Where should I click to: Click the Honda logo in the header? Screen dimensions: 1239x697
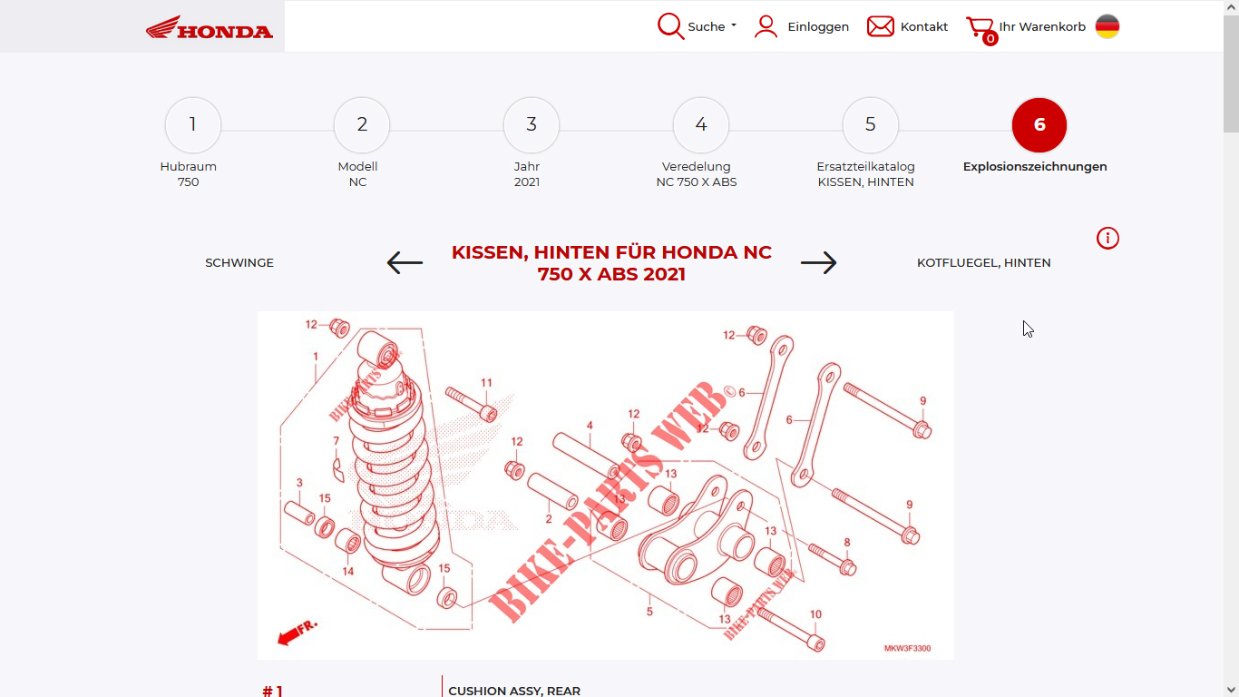pos(210,27)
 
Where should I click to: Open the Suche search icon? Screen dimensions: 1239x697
pos(670,26)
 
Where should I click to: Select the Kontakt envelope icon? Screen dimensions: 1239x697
pos(880,26)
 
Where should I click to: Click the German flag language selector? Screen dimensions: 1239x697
pos(1107,26)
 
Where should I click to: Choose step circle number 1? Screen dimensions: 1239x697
pos(192,124)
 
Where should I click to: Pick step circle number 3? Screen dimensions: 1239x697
pos(531,124)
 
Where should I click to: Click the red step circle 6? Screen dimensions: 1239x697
pos(1039,125)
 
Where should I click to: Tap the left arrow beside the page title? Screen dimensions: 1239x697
pos(405,262)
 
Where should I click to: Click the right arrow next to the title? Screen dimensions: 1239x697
pos(819,262)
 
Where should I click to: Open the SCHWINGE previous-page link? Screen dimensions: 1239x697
pos(239,263)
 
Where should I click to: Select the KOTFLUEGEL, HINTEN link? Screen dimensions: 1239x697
pos(983,263)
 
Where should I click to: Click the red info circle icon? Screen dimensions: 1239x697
pos(1107,239)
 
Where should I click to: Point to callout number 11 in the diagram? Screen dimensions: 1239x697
pos(486,383)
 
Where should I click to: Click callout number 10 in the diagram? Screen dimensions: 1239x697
pos(815,614)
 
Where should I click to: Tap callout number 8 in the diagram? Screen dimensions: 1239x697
pos(847,542)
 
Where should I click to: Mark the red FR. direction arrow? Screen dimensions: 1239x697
pos(297,633)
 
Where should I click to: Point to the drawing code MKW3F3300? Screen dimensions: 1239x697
pos(907,648)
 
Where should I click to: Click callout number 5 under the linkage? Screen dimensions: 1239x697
pos(649,611)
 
